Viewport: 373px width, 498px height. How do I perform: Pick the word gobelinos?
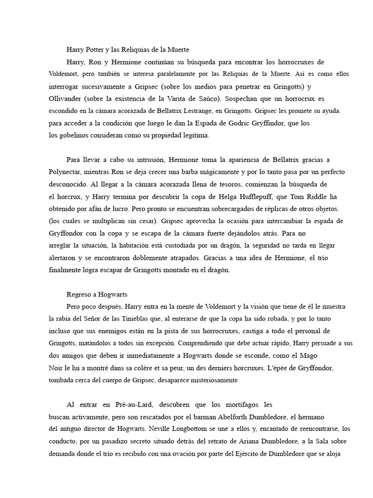tap(73, 136)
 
